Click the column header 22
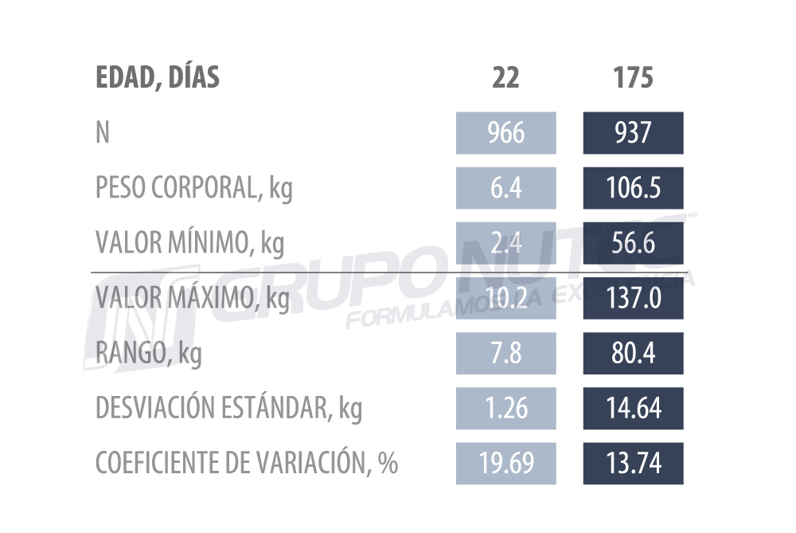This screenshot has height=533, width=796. click(505, 78)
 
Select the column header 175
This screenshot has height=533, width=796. click(633, 78)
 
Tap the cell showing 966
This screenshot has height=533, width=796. click(505, 133)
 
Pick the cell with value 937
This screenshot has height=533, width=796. click(633, 133)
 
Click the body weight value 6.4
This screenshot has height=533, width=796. click(505, 188)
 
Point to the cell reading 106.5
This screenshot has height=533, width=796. click(633, 188)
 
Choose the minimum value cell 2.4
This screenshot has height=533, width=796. click(505, 243)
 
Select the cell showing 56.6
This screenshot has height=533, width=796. click(633, 243)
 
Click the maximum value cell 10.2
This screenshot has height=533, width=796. click(505, 298)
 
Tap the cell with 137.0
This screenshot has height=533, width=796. click(633, 298)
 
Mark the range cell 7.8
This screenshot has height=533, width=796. click(505, 353)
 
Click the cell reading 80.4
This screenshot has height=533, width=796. click(633, 353)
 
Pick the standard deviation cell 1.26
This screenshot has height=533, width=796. click(505, 408)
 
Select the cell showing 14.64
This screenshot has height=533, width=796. click(633, 408)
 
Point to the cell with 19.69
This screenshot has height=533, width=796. click(505, 463)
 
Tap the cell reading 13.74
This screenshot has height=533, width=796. click(633, 463)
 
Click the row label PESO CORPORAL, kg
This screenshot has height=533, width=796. click(193, 189)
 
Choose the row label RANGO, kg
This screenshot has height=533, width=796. click(148, 354)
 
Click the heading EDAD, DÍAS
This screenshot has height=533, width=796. click(157, 78)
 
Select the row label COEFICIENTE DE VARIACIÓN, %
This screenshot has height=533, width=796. click(246, 464)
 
